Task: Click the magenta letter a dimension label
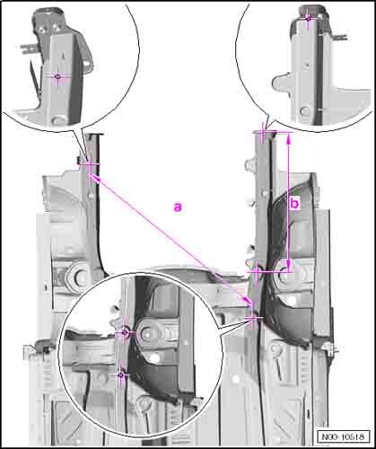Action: (x=178, y=207)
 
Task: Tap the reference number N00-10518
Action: (x=343, y=436)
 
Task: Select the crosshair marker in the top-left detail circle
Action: (x=58, y=76)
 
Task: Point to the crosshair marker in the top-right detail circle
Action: (x=308, y=19)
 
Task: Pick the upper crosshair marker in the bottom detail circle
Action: (x=126, y=332)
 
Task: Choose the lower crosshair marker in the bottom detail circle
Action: (x=121, y=374)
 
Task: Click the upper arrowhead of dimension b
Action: (x=289, y=138)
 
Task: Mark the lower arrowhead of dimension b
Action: (x=289, y=266)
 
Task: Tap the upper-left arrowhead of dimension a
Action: (x=95, y=179)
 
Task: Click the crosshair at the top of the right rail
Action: (x=263, y=132)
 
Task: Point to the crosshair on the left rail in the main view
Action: (x=90, y=163)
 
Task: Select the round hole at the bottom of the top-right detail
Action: (x=305, y=111)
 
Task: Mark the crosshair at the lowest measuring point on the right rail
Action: (x=254, y=318)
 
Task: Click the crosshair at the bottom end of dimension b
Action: (x=258, y=272)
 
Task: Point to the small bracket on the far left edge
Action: (x=31, y=351)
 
